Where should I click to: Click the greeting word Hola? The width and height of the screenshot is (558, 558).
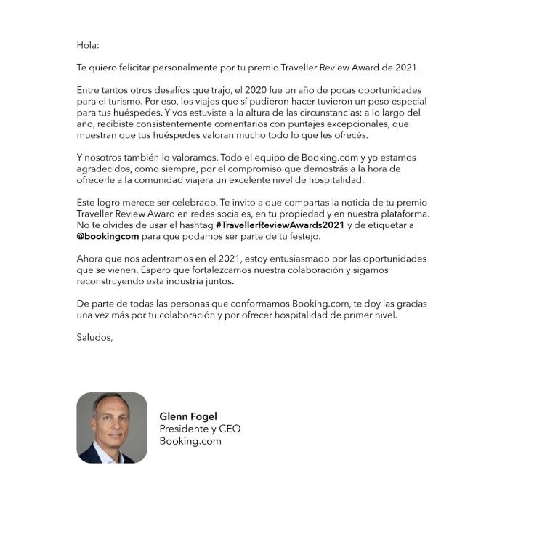click(x=87, y=45)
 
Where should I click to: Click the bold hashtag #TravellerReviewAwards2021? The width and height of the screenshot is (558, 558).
click(x=280, y=225)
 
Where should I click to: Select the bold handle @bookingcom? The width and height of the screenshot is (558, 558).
click(x=108, y=236)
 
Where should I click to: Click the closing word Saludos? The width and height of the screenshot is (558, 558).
click(x=94, y=337)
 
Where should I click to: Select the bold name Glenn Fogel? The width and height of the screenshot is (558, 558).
click(x=188, y=416)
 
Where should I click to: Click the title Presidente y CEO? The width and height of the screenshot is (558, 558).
click(x=200, y=429)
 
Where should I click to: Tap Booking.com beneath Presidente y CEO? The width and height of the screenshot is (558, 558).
click(x=190, y=440)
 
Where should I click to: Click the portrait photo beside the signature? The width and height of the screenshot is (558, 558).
click(x=112, y=428)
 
